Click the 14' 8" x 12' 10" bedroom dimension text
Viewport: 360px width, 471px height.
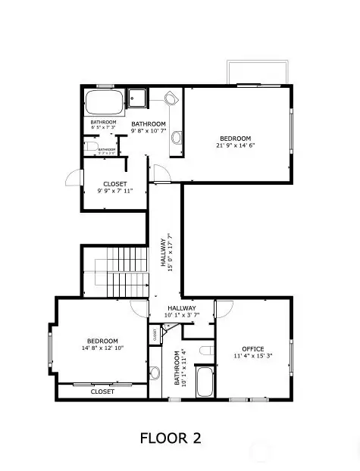[x=102, y=349]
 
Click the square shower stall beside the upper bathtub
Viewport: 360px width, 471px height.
[x=138, y=98]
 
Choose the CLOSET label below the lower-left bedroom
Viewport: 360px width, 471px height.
[x=102, y=391]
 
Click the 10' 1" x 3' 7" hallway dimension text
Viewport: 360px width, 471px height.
[x=181, y=316]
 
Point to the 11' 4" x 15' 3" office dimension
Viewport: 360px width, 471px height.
[x=247, y=356]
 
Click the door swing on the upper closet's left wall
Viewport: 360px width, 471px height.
[x=72, y=177]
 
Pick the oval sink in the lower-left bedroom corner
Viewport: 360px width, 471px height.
[x=154, y=373]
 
